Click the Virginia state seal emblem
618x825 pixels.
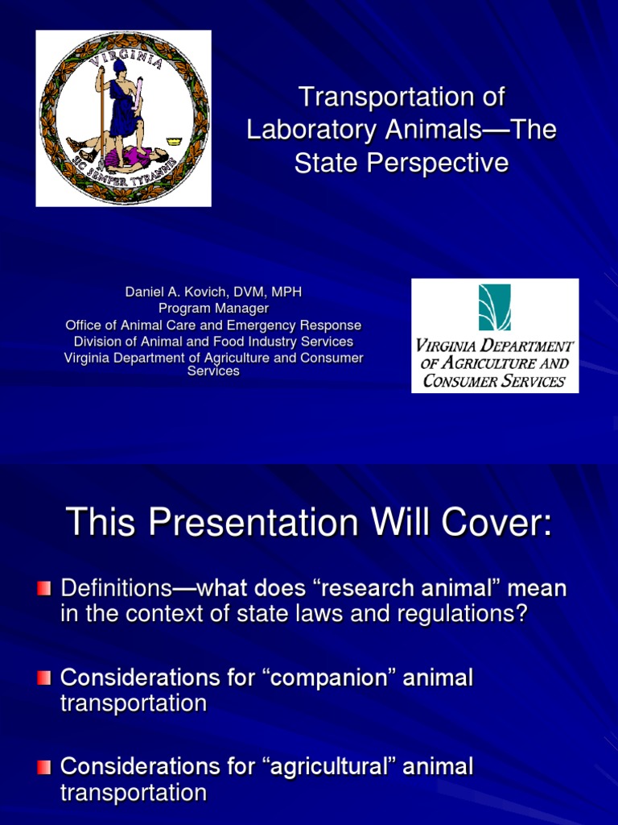click(x=123, y=118)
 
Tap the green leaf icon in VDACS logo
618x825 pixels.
click(x=495, y=307)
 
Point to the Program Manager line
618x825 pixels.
click(x=213, y=308)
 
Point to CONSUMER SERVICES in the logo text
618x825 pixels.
click(x=494, y=381)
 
